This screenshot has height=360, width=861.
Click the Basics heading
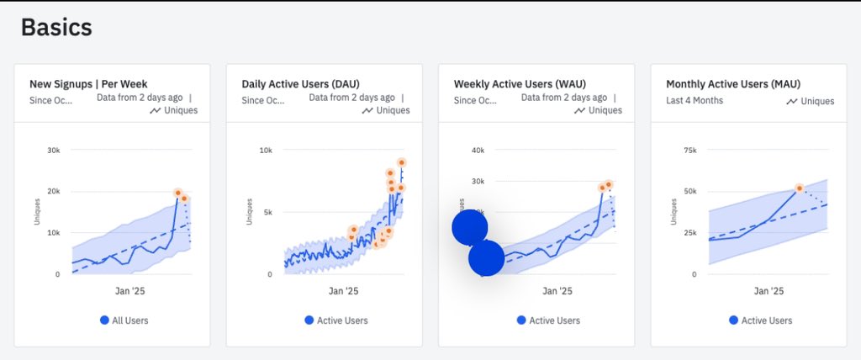click(56, 27)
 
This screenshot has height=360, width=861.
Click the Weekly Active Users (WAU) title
click(520, 84)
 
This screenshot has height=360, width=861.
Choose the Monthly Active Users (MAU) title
click(733, 84)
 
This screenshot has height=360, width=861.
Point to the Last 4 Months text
click(695, 101)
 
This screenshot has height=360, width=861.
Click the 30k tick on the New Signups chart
click(53, 151)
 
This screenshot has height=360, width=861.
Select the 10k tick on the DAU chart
click(265, 151)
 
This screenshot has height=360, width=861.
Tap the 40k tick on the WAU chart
click(478, 151)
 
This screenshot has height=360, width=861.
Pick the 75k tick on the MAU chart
click(689, 151)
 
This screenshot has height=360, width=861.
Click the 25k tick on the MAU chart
click(689, 233)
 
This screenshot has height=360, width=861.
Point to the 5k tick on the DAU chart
click(267, 212)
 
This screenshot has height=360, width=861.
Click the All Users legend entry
click(124, 320)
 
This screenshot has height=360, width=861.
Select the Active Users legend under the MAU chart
click(760, 320)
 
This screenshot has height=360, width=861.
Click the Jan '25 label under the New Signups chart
click(131, 291)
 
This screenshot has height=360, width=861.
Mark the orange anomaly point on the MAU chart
click(800, 188)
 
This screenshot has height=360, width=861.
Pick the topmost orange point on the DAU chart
click(402, 162)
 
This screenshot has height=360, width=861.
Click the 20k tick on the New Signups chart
click(53, 192)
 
